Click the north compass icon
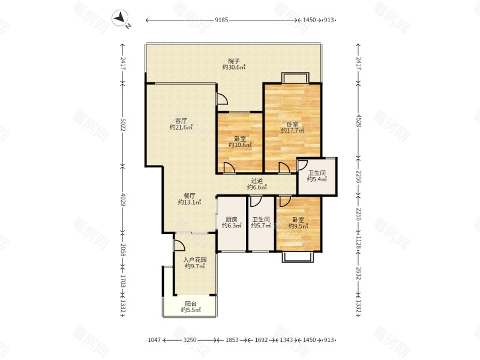tap(121, 19)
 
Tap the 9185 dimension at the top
tap(221, 20)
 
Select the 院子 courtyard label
tap(234, 61)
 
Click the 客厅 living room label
tap(181, 121)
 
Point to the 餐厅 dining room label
tap(190, 196)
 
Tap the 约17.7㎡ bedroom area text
tap(293, 131)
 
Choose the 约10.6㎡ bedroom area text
tap(240, 145)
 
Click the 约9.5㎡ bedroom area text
tap(298, 226)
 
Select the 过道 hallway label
tap(257, 181)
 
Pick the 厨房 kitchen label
tap(232, 220)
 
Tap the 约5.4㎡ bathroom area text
tap(317, 179)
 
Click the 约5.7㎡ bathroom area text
tap(261, 226)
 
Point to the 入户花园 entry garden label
tap(195, 260)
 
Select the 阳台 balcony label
tap(191, 304)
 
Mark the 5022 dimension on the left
tap(122, 125)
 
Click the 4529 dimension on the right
tap(358, 121)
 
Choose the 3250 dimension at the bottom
tap(190, 340)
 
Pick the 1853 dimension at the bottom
tap(232, 340)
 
